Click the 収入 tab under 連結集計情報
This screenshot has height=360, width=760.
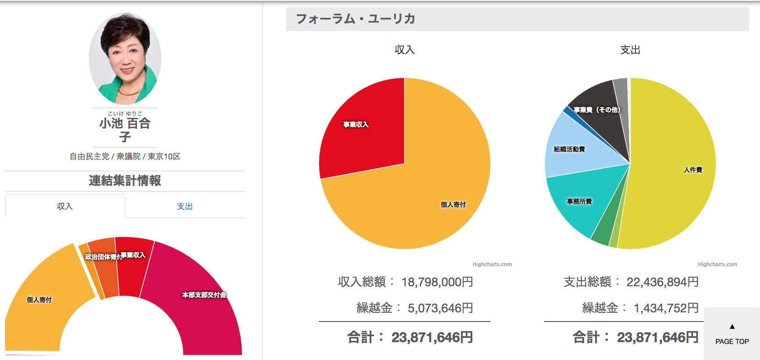(65, 207)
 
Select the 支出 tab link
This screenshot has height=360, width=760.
(185, 207)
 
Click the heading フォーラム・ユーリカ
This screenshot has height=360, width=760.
(355, 19)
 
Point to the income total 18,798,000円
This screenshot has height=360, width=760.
(437, 282)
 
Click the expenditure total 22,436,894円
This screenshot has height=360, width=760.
(662, 282)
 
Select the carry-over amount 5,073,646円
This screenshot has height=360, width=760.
(440, 308)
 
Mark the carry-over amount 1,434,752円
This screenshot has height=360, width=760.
(666, 308)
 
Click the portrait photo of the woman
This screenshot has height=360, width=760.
(125, 59)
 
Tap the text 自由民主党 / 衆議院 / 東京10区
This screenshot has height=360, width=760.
(125, 157)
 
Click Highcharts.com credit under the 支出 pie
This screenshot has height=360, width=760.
(717, 264)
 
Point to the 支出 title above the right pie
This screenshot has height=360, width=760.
(630, 50)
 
